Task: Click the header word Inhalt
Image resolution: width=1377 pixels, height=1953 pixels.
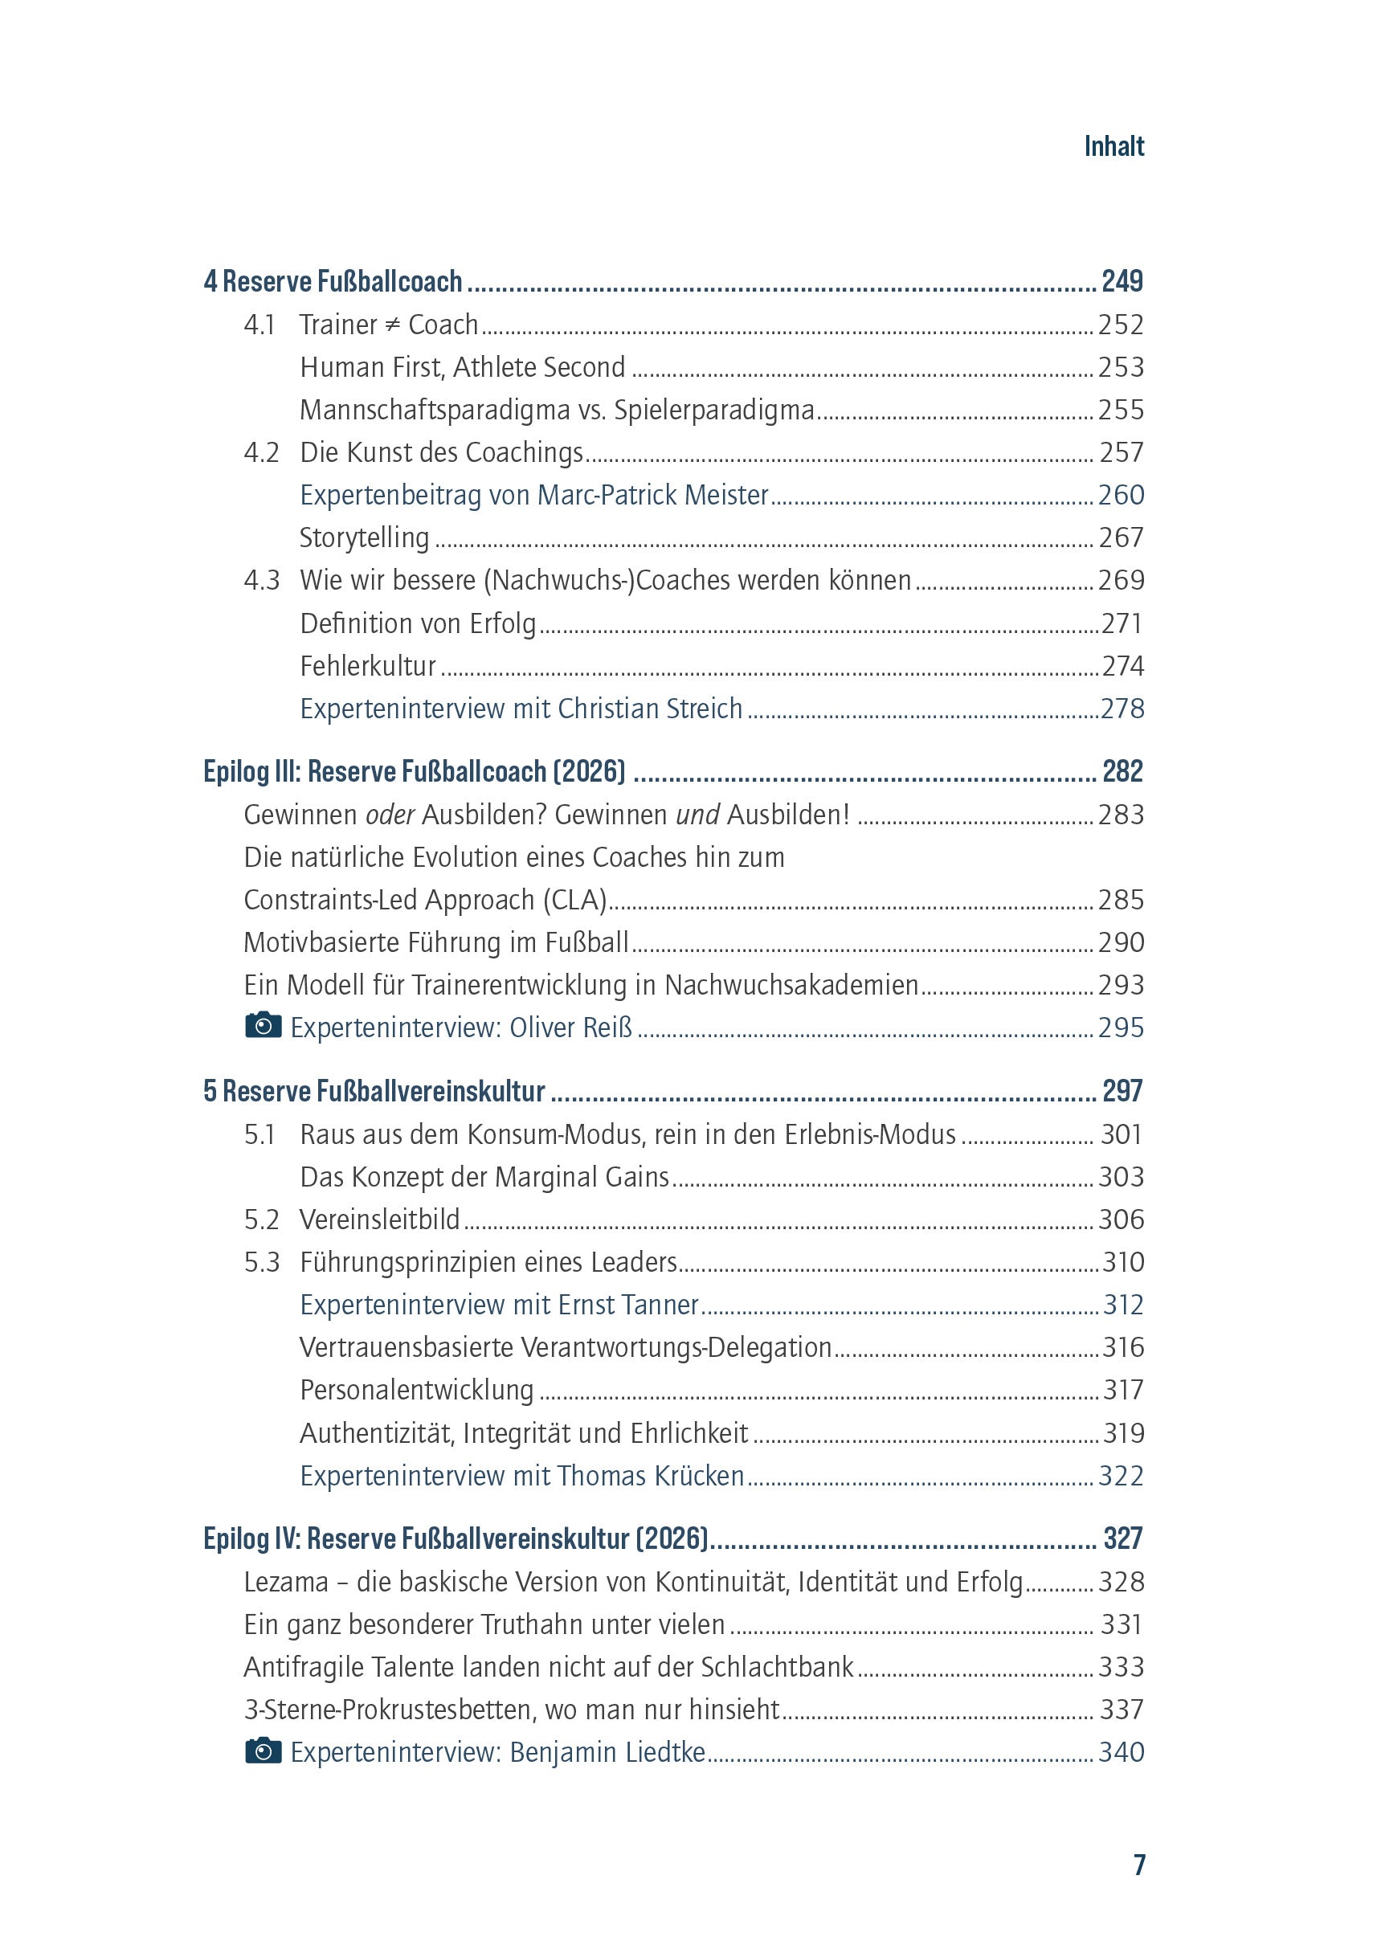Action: click(1113, 146)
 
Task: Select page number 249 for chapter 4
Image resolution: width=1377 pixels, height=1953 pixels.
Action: click(1121, 281)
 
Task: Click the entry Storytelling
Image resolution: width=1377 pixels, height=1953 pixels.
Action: click(364, 537)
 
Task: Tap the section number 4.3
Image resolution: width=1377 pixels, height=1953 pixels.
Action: click(261, 580)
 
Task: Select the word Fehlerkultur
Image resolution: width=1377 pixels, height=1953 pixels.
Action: click(367, 666)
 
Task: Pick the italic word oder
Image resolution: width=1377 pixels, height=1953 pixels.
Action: click(390, 815)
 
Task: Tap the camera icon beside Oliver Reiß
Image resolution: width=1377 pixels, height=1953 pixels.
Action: click(263, 1026)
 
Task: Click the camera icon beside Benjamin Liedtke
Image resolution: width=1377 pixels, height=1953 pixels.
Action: click(263, 1751)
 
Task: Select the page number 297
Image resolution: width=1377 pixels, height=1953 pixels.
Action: click(1122, 1091)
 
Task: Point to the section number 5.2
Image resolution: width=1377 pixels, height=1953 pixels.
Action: click(261, 1220)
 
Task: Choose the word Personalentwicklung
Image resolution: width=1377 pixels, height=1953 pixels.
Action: click(417, 1390)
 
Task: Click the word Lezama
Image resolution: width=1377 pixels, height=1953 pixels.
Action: click(286, 1582)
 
